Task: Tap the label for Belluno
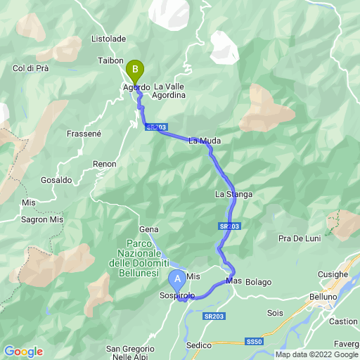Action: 323,297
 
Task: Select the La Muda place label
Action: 205,141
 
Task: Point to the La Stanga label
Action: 233,194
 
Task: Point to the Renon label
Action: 105,164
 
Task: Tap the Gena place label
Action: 149,229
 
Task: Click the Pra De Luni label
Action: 300,238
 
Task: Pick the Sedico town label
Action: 200,345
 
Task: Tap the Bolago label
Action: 258,282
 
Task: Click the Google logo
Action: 23,352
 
